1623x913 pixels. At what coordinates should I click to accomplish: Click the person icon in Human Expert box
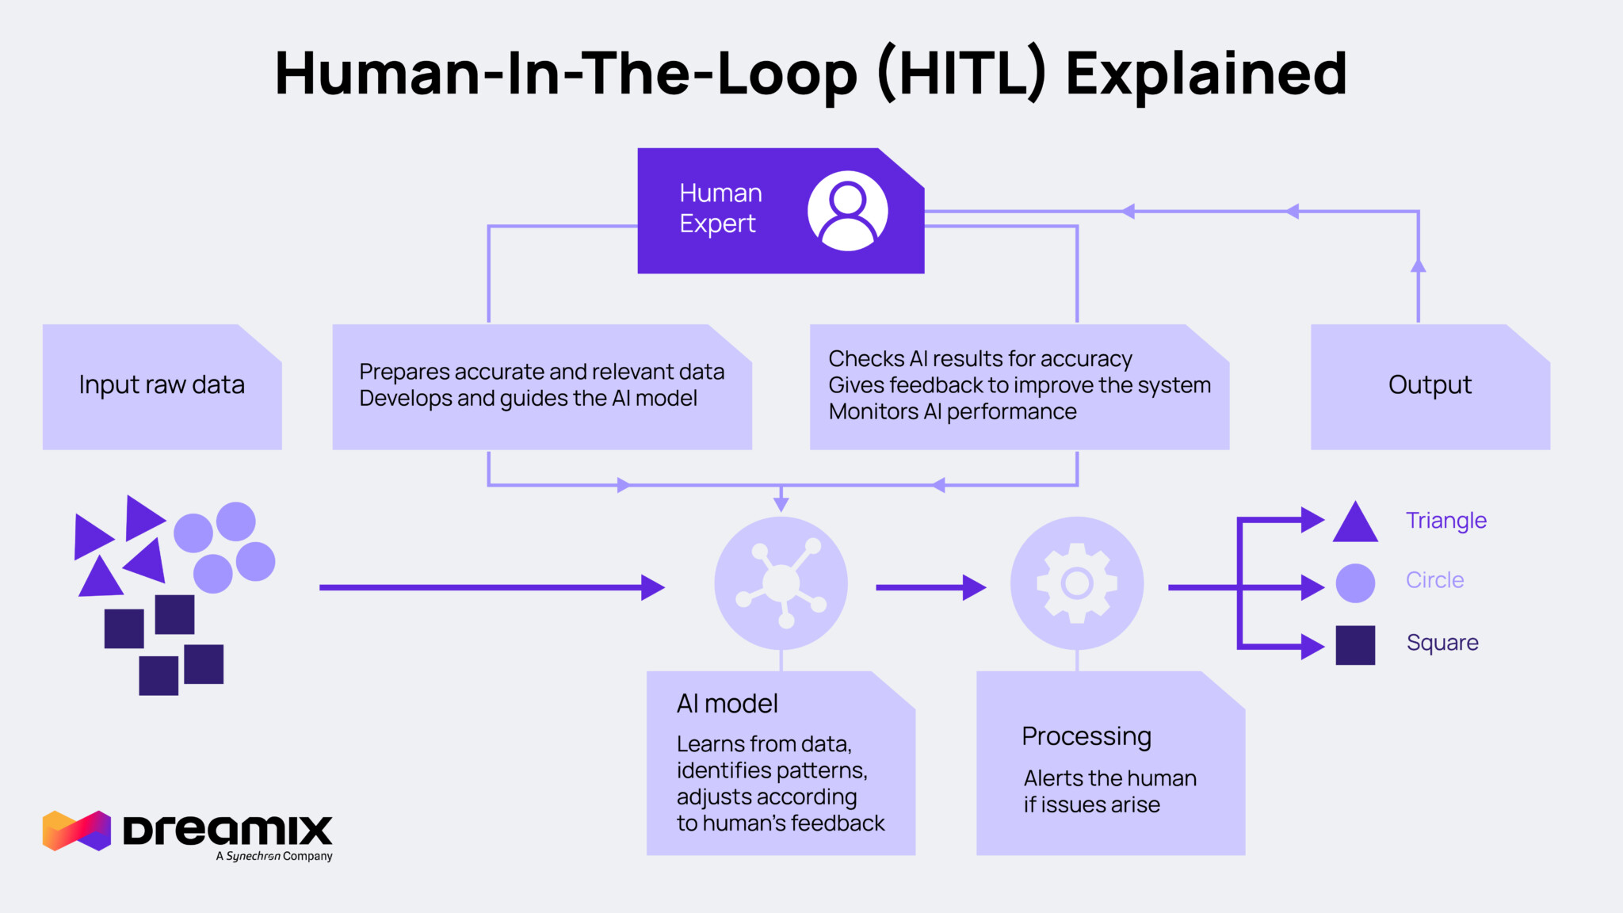tap(847, 211)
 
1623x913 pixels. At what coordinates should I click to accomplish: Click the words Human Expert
tap(720, 208)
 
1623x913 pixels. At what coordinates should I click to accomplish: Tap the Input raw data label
tap(162, 384)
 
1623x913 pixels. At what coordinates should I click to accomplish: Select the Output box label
tap(1430, 384)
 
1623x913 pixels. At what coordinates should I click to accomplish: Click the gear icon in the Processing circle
tap(1077, 583)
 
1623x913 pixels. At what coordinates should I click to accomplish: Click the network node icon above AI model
tap(781, 583)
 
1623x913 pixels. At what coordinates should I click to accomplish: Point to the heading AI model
tap(727, 704)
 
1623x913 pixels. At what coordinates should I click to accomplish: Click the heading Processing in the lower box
tap(1086, 736)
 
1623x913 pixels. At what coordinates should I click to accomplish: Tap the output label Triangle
tap(1445, 521)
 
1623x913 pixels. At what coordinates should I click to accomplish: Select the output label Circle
tap(1434, 580)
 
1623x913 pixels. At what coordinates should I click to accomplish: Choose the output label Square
tap(1442, 643)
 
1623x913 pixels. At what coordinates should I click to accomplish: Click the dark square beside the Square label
tap(1355, 645)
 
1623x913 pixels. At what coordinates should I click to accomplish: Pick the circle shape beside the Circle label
tap(1355, 583)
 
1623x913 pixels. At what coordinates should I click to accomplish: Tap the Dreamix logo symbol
tap(77, 831)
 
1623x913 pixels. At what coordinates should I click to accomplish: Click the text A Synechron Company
tap(274, 856)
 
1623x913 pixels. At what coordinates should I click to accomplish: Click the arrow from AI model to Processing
tap(930, 587)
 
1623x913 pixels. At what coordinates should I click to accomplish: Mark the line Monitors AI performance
tap(953, 412)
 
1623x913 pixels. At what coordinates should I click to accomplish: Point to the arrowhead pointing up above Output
tap(1418, 265)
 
